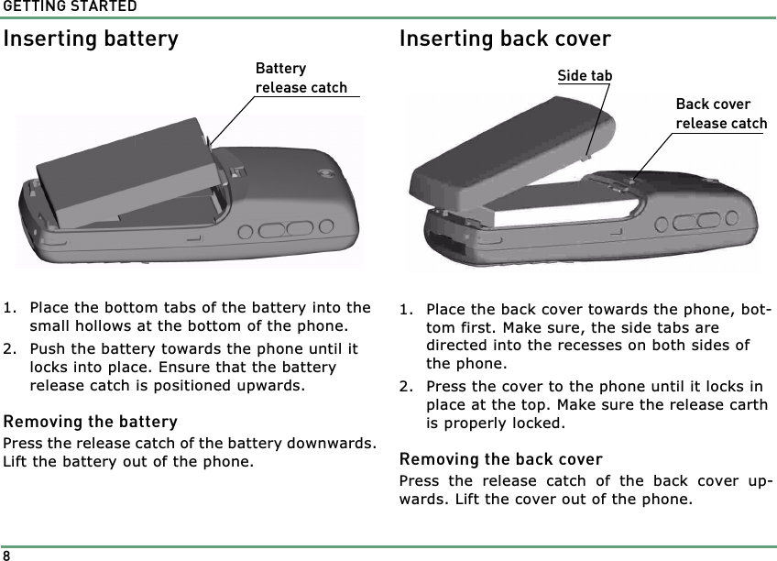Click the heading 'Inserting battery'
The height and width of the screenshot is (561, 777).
91,39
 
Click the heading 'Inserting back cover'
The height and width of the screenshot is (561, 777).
505,39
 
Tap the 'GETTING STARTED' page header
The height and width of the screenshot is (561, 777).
69,7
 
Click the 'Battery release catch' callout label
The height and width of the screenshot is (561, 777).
301,79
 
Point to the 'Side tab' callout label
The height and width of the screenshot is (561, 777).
585,75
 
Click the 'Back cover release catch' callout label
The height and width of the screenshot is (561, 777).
721,114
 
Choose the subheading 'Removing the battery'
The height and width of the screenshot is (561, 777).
90,422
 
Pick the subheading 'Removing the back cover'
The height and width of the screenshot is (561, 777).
500,458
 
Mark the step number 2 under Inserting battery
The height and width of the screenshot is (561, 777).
8,348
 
